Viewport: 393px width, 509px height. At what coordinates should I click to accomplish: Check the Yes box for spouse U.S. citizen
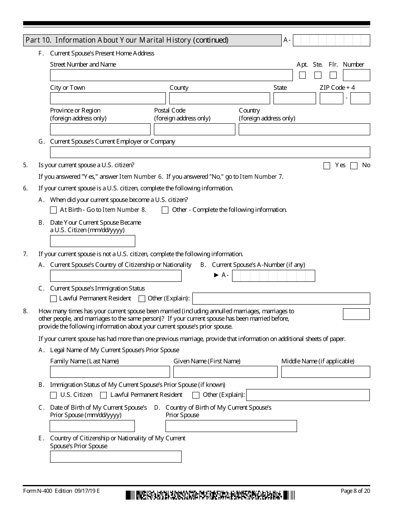coord(327,166)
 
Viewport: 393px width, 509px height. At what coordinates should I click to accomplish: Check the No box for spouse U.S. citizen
coord(354,166)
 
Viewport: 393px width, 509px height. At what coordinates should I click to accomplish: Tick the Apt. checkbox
coord(302,75)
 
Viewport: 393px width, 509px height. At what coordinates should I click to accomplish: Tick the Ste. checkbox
coord(318,75)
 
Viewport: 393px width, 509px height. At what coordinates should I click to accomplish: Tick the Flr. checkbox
coord(333,75)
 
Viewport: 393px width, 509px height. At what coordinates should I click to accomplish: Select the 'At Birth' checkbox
coord(53,210)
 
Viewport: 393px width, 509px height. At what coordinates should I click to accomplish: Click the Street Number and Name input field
coord(171,75)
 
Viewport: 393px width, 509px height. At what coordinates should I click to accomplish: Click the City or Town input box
coord(108,98)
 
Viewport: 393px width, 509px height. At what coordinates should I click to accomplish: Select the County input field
coord(219,98)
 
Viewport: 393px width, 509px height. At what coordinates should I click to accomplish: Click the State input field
coord(294,98)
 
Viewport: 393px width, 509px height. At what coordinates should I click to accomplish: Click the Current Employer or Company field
coord(210,152)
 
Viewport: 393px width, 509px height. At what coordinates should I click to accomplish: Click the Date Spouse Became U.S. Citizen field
coord(92,241)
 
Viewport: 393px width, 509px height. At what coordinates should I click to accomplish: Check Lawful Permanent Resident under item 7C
coord(53,299)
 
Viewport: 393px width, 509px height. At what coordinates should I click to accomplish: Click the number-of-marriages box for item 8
coord(356,314)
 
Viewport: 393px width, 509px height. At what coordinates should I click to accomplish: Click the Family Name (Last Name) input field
coord(110,372)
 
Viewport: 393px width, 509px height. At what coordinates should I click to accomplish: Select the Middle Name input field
coord(326,372)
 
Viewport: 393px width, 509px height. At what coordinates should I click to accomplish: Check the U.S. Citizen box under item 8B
coord(53,395)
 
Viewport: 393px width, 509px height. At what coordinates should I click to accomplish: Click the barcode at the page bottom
coord(210,495)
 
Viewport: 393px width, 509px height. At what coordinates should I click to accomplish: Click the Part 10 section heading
coord(152,40)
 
